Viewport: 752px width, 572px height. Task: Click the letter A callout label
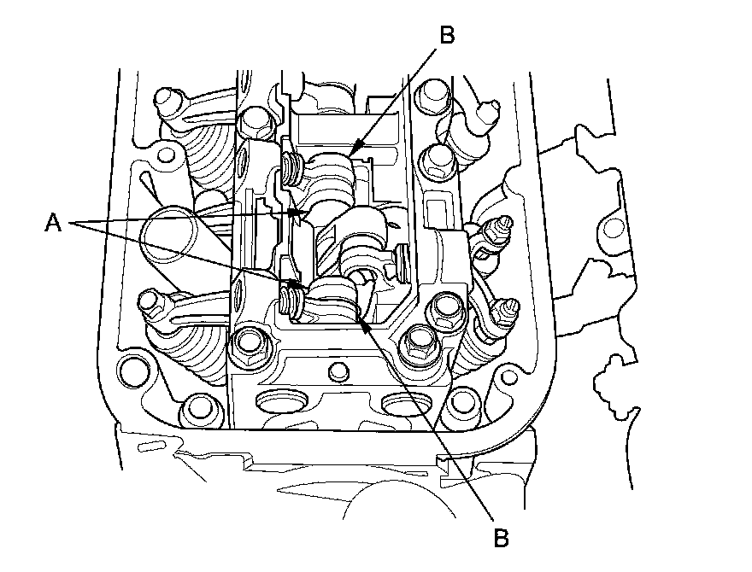[54, 224]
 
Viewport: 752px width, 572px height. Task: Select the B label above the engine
[447, 36]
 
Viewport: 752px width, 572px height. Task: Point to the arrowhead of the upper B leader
[351, 155]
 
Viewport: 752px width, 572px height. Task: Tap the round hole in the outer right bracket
[612, 228]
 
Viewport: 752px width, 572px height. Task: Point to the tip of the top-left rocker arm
[166, 96]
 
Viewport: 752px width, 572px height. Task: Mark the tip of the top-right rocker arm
[490, 108]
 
